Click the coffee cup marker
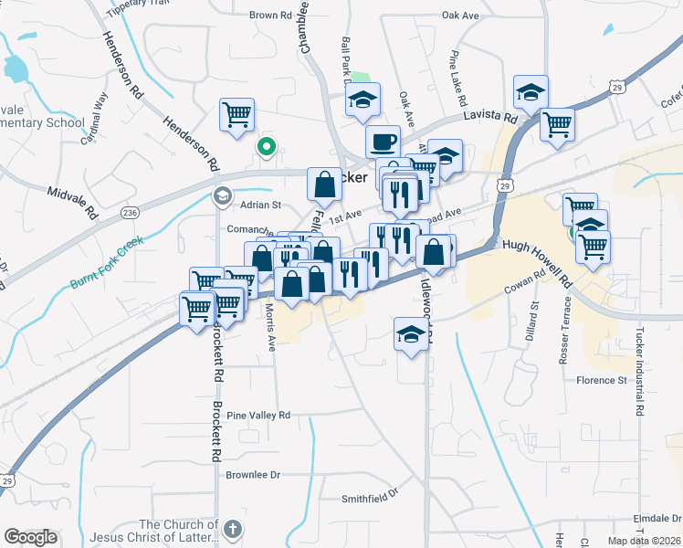[383, 142]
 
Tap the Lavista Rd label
[490, 118]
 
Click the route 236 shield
[130, 212]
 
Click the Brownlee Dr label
[253, 475]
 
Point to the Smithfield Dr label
[371, 497]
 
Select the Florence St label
[602, 380]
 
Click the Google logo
[30, 537]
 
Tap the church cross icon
[233, 529]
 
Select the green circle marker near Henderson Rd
[267, 145]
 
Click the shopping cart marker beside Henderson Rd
[236, 117]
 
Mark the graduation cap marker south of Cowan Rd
[411, 334]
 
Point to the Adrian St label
[260, 205]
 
